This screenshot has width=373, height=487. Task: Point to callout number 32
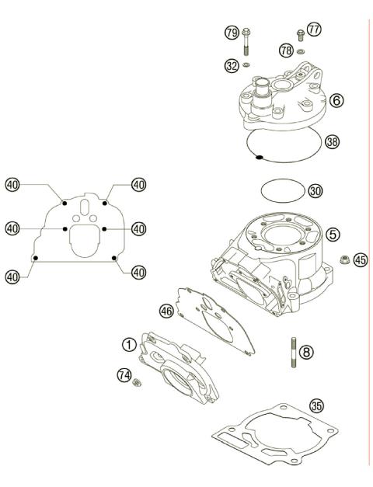pyautogui.click(x=231, y=67)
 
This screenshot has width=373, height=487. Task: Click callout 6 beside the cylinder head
pyautogui.click(x=336, y=101)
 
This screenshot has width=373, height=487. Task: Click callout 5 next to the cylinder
pyautogui.click(x=333, y=233)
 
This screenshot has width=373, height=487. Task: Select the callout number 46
pyautogui.click(x=166, y=310)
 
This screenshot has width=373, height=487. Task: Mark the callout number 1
pyautogui.click(x=126, y=343)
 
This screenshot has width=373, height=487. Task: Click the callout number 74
pyautogui.click(x=123, y=374)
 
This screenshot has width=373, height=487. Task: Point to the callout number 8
pyautogui.click(x=307, y=352)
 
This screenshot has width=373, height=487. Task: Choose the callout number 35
pyautogui.click(x=315, y=405)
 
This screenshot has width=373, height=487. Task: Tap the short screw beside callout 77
pyautogui.click(x=299, y=33)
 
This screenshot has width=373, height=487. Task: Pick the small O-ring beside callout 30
pyautogui.click(x=281, y=189)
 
